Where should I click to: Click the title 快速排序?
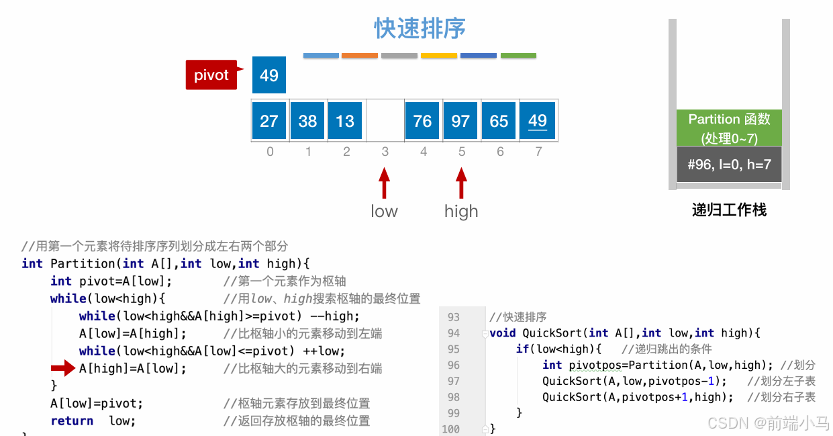420,29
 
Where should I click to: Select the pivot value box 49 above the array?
269,75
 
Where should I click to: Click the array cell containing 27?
269,121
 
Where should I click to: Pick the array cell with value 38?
307,121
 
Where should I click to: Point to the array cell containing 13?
345,121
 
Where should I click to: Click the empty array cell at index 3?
385,121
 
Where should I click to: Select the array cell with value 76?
422,121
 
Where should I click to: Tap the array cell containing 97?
460,121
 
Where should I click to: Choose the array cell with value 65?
499,121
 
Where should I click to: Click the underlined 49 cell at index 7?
538,121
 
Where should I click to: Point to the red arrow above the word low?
384,183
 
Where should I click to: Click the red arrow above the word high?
461,183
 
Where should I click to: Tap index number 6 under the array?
500,152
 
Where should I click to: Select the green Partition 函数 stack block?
729,128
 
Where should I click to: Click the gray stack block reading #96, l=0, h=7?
729,165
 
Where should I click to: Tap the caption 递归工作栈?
729,210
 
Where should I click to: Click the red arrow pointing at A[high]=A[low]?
63,367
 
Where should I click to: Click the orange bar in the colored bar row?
360,55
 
